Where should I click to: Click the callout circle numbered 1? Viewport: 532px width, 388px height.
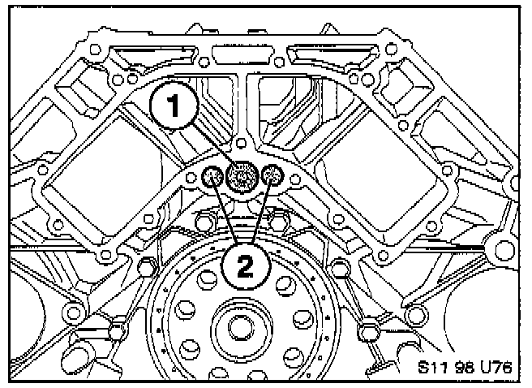(x=174, y=106)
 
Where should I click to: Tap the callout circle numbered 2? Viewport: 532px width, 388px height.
(x=246, y=265)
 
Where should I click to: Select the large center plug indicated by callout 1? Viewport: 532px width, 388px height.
(x=241, y=176)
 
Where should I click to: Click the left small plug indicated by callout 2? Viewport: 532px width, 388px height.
(x=212, y=176)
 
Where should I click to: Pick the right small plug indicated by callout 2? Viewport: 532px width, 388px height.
(x=273, y=175)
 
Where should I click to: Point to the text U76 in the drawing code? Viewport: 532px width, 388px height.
(x=496, y=367)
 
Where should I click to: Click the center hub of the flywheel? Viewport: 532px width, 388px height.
(x=241, y=327)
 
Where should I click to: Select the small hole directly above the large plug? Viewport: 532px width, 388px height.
(x=241, y=143)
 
